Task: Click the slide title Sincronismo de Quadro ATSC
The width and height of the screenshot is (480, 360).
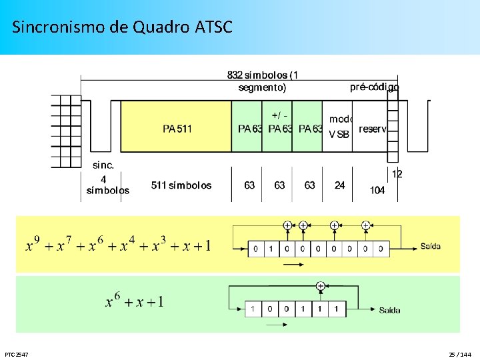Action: coord(122,27)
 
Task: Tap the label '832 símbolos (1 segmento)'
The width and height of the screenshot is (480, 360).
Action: coord(262,81)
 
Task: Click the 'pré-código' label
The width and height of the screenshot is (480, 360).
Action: coord(374,87)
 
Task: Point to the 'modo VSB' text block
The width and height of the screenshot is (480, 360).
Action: coord(340,127)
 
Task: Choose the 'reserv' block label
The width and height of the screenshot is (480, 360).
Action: coord(373,129)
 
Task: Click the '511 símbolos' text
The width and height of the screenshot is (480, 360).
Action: coord(181,185)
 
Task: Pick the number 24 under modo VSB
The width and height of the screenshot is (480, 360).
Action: coord(340,185)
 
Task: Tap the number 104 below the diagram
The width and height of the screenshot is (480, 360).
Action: coord(377,191)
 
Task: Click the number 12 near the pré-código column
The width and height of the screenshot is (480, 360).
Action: coord(397,174)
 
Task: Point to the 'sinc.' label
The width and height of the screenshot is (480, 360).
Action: coord(103,165)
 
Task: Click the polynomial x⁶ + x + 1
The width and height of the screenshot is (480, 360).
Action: coord(134,302)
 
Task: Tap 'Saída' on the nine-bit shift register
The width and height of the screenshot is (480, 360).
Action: coord(430,246)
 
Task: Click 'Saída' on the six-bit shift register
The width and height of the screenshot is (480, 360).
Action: coord(389,310)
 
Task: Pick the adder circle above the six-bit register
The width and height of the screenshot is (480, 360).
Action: coord(320,286)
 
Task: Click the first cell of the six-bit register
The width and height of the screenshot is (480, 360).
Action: coord(253,309)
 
